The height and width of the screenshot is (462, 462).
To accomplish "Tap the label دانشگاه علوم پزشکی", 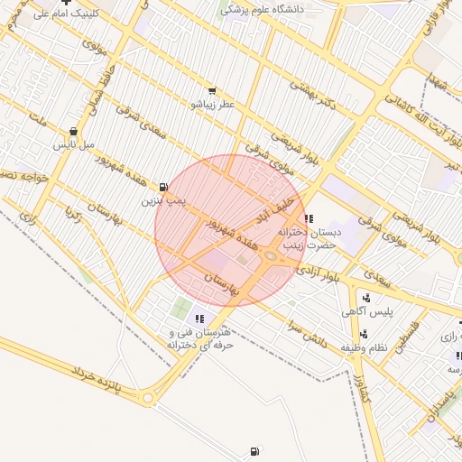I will [263, 9].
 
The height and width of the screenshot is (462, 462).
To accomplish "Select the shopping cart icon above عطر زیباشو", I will [211, 91].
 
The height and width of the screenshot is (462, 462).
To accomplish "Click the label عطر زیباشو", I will [211, 105].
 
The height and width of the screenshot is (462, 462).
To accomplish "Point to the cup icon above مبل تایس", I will [73, 132].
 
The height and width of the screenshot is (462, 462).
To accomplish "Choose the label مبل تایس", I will [73, 144].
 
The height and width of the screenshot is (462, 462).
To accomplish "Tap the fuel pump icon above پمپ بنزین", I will [163, 187].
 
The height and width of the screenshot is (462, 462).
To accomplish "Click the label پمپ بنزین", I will [163, 200].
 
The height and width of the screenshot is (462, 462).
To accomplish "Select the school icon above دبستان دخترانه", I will [309, 218].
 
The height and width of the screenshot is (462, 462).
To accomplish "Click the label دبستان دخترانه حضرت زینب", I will [310, 238].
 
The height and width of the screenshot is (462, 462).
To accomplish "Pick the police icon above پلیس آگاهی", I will [365, 298].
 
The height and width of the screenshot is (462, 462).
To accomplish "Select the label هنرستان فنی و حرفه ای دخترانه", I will [199, 337].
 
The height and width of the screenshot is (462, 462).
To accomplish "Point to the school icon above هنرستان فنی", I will [199, 318].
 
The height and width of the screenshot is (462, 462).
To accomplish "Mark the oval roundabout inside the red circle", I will [271, 257].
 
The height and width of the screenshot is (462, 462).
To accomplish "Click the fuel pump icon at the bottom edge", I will [254, 451].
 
